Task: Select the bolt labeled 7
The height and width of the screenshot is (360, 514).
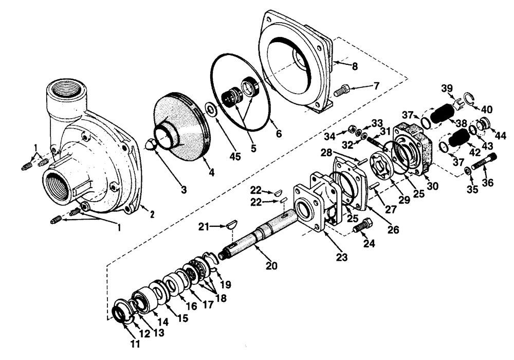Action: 341,92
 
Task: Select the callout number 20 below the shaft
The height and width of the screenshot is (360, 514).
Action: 271,265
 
